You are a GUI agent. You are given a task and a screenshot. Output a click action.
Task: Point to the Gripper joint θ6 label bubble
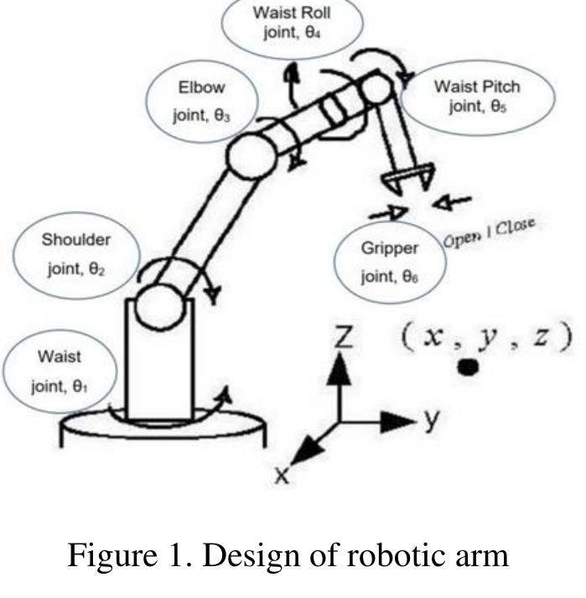point(386,260)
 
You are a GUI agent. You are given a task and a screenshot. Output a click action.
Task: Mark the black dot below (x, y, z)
point(470,366)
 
